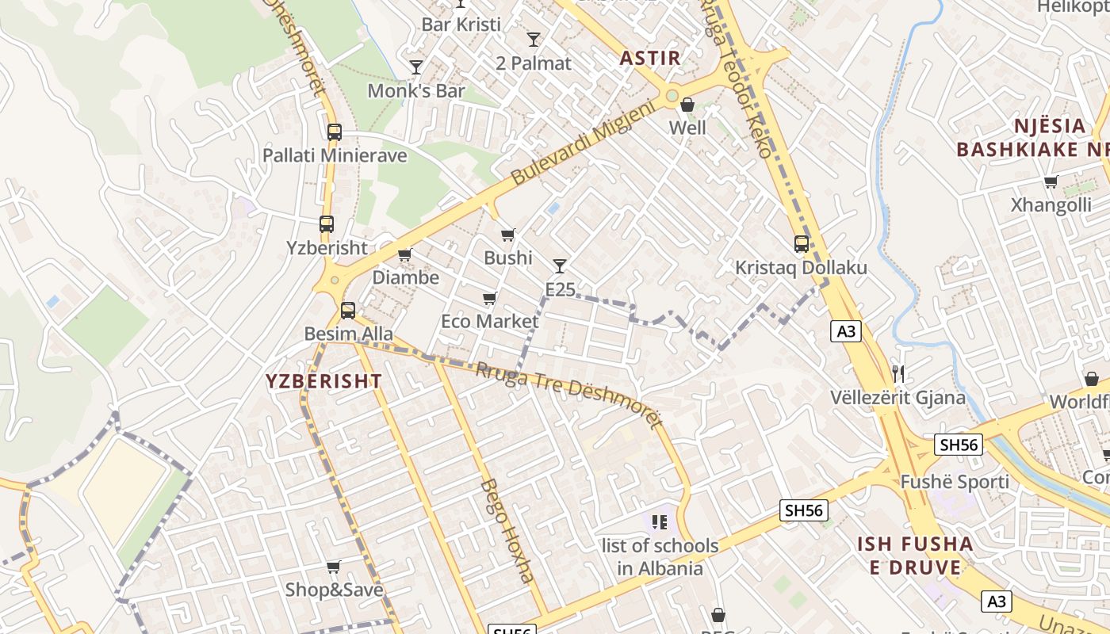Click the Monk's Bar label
(415, 91)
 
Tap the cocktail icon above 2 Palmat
(534, 40)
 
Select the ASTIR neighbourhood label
(650, 58)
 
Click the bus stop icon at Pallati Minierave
(335, 132)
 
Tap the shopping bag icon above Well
(687, 105)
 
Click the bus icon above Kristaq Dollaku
(802, 244)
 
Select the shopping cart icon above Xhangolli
(1051, 182)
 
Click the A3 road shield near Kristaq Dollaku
(846, 331)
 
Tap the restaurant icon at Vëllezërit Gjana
(898, 373)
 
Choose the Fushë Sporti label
(955, 482)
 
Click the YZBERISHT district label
(323, 381)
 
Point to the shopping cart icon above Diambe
(405, 255)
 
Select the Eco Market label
(489, 321)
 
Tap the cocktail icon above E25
(560, 266)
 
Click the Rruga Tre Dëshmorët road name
(569, 394)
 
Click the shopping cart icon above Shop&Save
(334, 567)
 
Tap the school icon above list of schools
(659, 521)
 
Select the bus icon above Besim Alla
(347, 311)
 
